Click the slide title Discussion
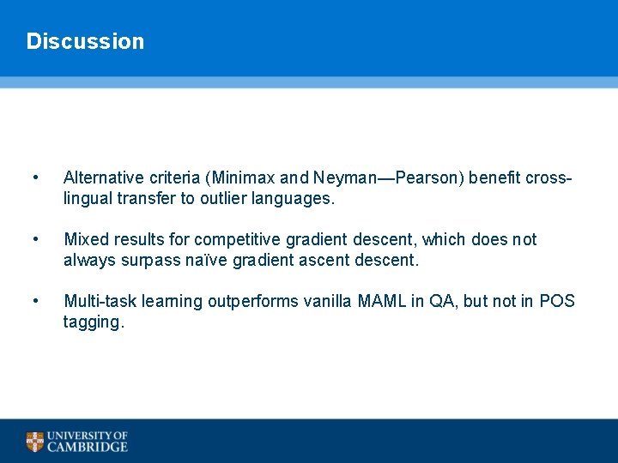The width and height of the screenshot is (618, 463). [85, 41]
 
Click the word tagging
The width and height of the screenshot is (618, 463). [93, 322]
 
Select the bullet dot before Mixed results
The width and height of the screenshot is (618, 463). [34, 239]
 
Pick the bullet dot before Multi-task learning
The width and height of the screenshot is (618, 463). [34, 301]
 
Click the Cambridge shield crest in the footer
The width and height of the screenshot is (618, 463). [34, 442]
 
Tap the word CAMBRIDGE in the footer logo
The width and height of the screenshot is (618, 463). [88, 447]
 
